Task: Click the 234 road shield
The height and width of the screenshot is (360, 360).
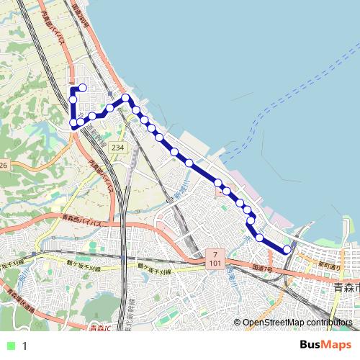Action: pos(118,148)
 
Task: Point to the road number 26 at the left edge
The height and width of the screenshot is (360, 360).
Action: pos(3,166)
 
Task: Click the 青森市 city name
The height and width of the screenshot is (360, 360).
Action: pos(346,287)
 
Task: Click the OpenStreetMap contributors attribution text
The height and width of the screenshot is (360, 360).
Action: pos(297,323)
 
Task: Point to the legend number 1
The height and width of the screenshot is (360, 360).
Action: pos(24,346)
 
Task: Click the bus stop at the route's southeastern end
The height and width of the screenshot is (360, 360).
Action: pos(287,250)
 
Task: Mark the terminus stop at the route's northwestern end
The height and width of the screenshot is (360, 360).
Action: pos(83,88)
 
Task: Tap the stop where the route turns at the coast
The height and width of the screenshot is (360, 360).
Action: pos(126,98)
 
